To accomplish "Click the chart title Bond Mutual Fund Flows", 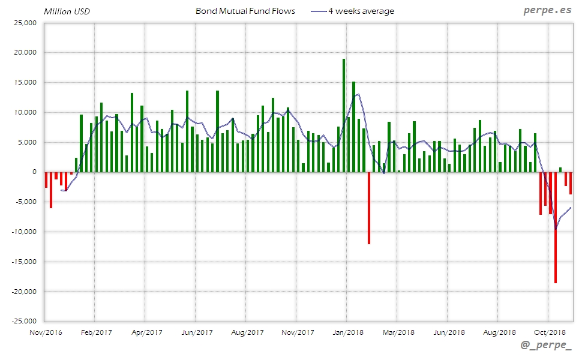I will tap(245, 11).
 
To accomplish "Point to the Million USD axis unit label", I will tap(67, 11).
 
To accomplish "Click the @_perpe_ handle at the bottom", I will tap(546, 346).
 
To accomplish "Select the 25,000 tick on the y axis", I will tap(26, 23).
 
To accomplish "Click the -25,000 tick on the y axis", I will tap(25, 321).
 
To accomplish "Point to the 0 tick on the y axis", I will tap(34, 172).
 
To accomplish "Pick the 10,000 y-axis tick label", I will tap(26, 112).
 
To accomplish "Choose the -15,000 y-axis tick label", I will tap(25, 262).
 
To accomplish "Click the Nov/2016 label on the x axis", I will tap(46, 332).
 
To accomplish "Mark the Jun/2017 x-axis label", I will tap(197, 332).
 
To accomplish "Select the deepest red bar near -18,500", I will tap(556, 228).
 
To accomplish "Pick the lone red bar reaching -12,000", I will tap(369, 208).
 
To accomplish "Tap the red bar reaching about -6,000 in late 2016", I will tap(51, 190).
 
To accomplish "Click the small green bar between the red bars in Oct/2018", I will tap(560, 170).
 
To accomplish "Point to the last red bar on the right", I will tap(571, 183).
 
